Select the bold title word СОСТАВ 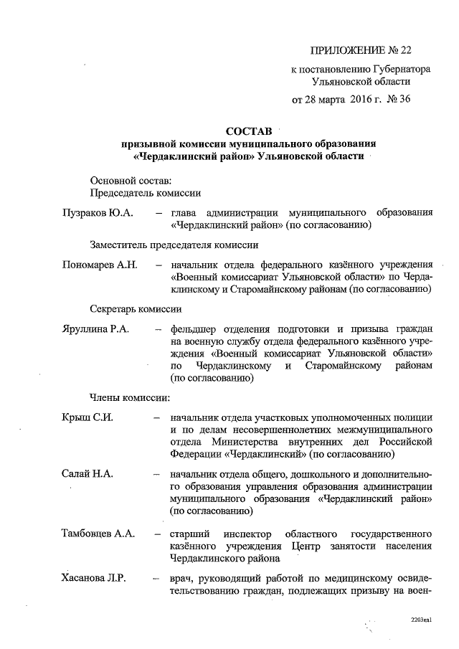click(249, 132)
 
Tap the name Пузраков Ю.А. click(94, 213)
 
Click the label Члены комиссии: click(129, 396)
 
